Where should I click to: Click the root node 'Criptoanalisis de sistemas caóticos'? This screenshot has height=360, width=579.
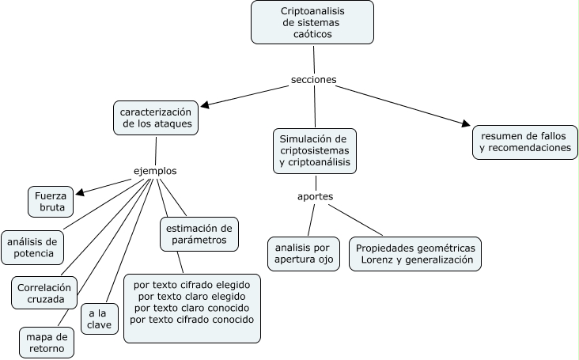(312, 23)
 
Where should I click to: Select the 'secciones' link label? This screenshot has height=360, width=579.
(314, 80)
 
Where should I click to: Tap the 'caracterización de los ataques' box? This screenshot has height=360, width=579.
(156, 118)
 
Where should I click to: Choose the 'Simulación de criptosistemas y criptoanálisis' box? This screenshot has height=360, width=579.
(314, 150)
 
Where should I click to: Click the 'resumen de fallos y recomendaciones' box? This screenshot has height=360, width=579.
(524, 141)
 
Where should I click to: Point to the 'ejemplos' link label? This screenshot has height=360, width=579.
(154, 171)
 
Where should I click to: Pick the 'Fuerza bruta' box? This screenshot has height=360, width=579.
(51, 202)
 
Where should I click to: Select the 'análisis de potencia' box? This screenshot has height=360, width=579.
(32, 247)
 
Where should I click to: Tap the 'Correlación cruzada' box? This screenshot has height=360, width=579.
(45, 293)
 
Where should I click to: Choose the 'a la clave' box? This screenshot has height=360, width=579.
(100, 318)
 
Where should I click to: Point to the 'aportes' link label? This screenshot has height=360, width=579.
(315, 195)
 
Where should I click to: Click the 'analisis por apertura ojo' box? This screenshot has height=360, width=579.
(304, 253)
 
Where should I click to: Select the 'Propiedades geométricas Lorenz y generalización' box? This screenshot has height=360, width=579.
(415, 253)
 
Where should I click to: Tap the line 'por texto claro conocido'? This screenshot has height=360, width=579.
(192, 307)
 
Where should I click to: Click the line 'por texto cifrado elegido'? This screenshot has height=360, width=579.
(192, 283)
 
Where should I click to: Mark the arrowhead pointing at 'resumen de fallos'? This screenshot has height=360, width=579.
(466, 123)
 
